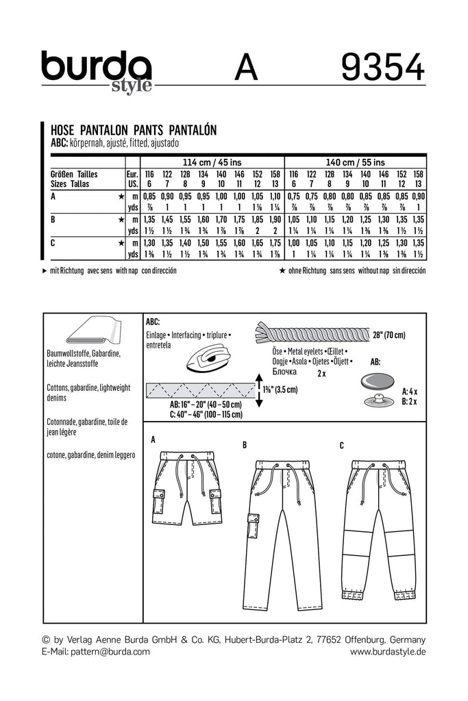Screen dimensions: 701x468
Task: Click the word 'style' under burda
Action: [x=126, y=86]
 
